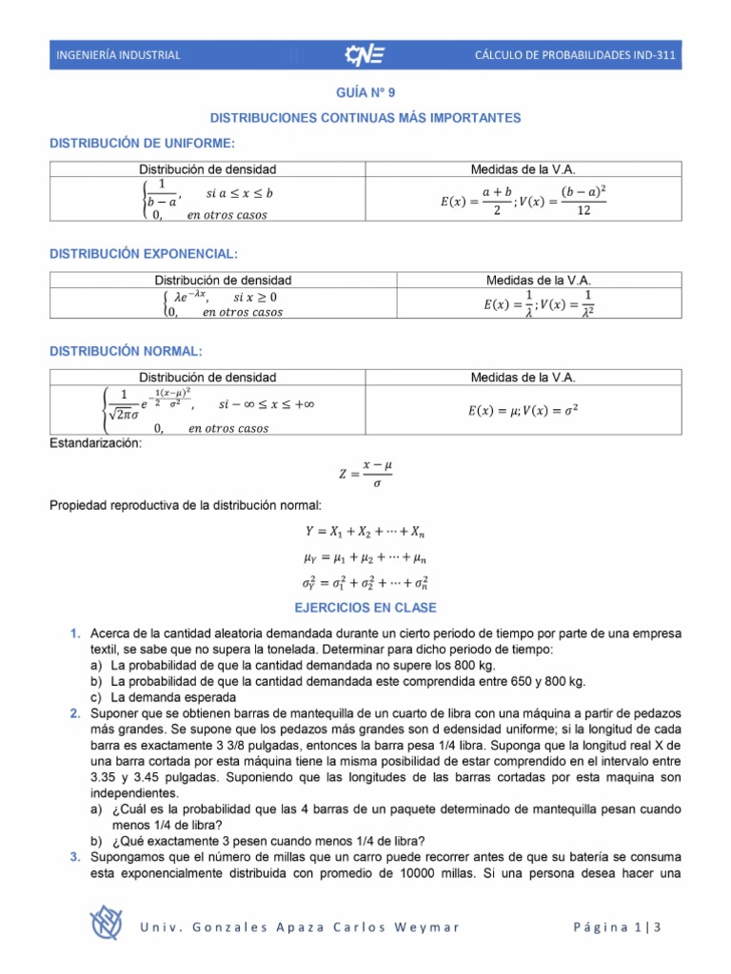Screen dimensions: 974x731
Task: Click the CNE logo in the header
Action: (x=365, y=55)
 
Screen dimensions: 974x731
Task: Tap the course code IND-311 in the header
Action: (x=652, y=55)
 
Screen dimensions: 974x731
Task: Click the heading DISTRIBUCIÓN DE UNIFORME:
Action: (x=141, y=143)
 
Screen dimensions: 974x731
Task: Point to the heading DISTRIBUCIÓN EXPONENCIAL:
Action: (x=144, y=254)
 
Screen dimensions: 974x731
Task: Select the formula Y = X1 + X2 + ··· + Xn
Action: (x=365, y=533)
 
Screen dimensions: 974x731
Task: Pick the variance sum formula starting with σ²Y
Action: (x=365, y=581)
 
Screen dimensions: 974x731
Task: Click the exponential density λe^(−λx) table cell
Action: (x=223, y=304)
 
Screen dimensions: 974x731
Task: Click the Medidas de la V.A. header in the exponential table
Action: (x=539, y=281)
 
